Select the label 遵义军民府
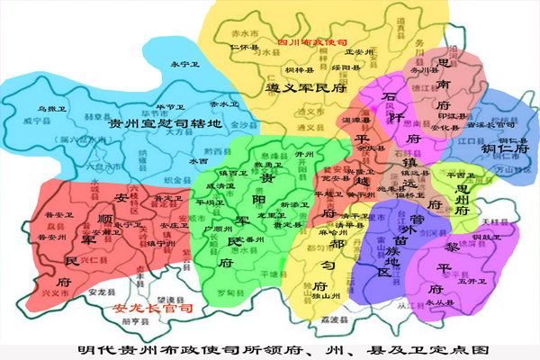tap(306, 88)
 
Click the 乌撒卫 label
tap(39, 109)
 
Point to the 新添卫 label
tap(294, 204)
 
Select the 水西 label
tap(198, 161)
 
